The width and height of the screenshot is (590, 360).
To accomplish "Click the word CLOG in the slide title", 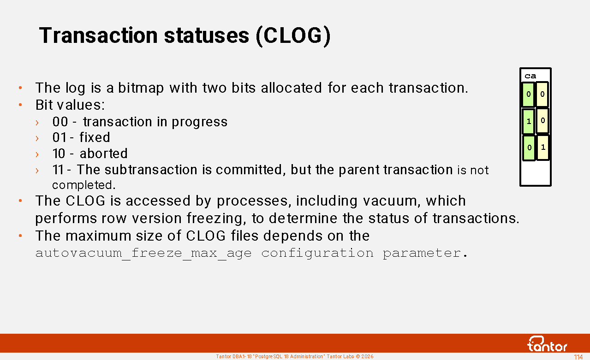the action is tap(293, 35).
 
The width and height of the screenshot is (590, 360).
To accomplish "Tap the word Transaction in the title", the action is tap(98, 35).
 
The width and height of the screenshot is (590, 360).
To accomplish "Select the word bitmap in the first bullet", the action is tap(141, 88).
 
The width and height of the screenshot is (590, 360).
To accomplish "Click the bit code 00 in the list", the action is tap(60, 122).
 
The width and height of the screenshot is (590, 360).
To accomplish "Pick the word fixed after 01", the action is tap(95, 137).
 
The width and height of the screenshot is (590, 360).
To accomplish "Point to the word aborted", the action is tap(103, 153).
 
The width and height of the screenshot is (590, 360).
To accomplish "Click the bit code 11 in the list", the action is tap(58, 170).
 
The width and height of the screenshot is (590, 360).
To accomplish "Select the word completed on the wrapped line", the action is tap(84, 185).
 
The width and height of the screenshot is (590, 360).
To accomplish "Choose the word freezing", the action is tap(216, 219).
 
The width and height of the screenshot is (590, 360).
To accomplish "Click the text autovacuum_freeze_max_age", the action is tap(143, 254).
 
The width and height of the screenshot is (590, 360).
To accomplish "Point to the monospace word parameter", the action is tap(422, 254).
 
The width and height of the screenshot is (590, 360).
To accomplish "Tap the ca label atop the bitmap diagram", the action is tap(530, 77).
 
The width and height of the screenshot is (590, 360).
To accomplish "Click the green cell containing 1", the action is tap(528, 121).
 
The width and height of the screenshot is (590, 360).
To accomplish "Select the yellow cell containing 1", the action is tap(543, 148).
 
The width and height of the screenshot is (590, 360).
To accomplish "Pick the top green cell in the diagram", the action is tap(528, 94).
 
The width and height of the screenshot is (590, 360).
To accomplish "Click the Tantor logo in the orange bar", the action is tap(548, 344).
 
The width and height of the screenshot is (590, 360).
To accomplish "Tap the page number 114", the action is tap(578, 357).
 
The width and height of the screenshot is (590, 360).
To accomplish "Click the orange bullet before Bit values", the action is tap(20, 105).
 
